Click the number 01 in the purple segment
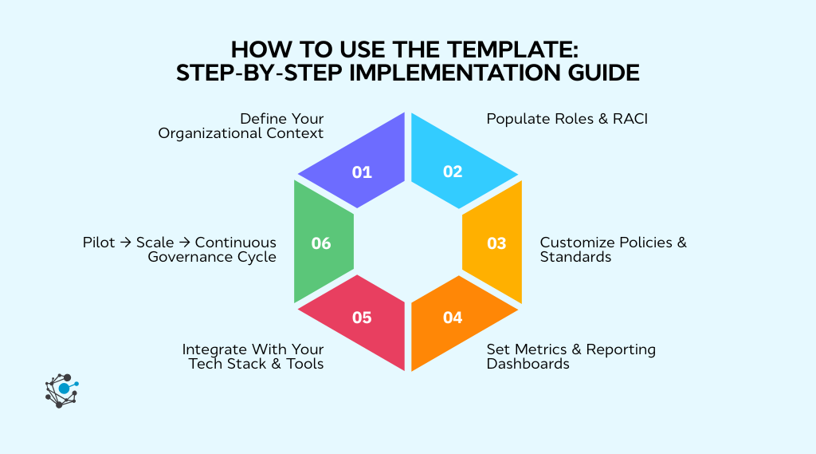point(362,172)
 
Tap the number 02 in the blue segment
point(453,172)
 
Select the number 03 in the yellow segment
point(496,243)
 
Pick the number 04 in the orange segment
point(453,318)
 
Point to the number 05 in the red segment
point(362,318)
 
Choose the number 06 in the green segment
point(321,243)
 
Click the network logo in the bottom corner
point(61,390)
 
